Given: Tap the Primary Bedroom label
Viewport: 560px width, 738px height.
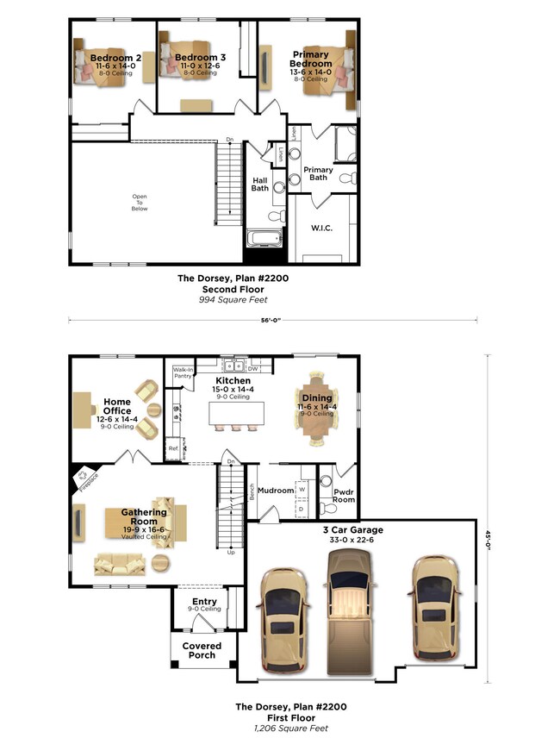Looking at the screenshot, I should pyautogui.click(x=310, y=59).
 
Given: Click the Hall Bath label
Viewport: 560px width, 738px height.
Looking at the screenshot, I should pyautogui.click(x=260, y=184).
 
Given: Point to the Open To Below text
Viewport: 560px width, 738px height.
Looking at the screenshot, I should pyautogui.click(x=139, y=202).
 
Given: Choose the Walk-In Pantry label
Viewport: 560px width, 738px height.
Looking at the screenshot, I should pyautogui.click(x=184, y=372).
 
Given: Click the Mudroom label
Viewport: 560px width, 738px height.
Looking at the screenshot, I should pyautogui.click(x=276, y=491).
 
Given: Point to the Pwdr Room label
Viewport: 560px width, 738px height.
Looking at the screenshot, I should pyautogui.click(x=343, y=495).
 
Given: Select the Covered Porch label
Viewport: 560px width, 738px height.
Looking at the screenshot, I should pyautogui.click(x=202, y=650).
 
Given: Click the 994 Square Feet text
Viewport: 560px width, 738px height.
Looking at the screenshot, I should pyautogui.click(x=233, y=300).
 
